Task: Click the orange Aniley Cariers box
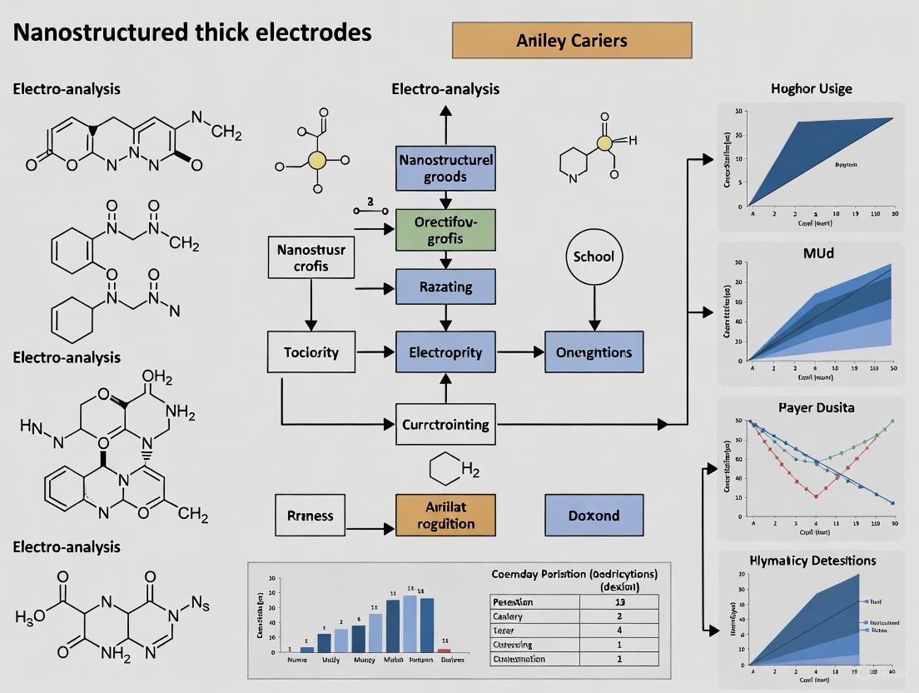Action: (x=571, y=40)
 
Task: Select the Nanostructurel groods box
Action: (x=445, y=167)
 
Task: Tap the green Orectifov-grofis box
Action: (x=445, y=230)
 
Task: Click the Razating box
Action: (x=445, y=287)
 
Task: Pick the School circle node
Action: (x=594, y=256)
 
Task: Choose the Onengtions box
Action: (x=594, y=351)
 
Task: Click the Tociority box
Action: (x=311, y=351)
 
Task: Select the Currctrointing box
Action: (x=445, y=424)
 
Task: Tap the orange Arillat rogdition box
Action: (x=445, y=515)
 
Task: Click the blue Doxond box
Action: (x=594, y=515)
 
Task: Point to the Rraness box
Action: (x=311, y=515)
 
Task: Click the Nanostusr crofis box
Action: (x=310, y=257)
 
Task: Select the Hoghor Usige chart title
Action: (x=811, y=88)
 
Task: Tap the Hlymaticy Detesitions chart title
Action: (x=812, y=561)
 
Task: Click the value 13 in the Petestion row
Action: (x=618, y=601)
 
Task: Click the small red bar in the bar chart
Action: (x=444, y=650)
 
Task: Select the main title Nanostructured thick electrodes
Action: (x=193, y=32)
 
